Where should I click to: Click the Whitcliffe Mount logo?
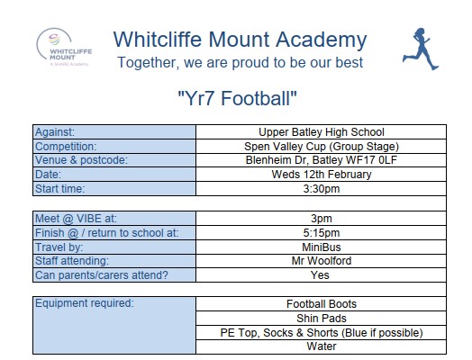point(64,48)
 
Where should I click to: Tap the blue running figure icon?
point(421,49)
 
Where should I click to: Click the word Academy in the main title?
point(322,40)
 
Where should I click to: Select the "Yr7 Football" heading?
point(237,98)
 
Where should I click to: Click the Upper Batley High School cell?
point(322,132)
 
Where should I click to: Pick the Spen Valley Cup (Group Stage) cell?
point(322,147)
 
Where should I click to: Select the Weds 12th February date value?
point(322,175)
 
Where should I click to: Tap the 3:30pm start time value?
point(322,189)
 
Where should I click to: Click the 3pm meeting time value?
point(322,219)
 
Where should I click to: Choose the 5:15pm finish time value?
point(322,233)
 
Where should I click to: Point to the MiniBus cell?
point(322,247)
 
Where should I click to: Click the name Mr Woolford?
point(322,261)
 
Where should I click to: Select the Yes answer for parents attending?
point(320,275)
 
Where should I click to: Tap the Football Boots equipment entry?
point(322,304)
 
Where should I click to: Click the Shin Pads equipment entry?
point(322,319)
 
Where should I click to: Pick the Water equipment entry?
point(322,346)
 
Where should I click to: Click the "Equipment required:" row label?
point(85,303)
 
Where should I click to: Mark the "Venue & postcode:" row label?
point(81,160)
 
